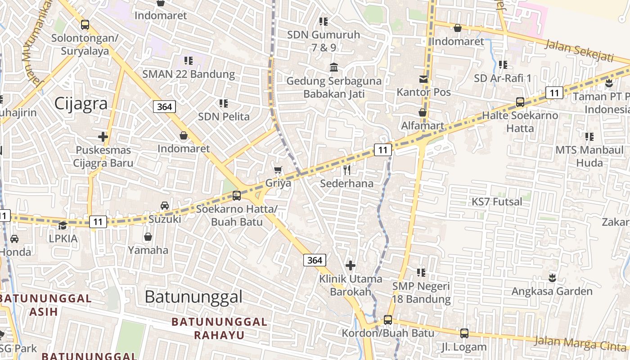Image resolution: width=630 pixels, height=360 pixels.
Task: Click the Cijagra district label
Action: click(81, 103)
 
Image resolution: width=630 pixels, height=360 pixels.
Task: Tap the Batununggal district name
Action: click(193, 297)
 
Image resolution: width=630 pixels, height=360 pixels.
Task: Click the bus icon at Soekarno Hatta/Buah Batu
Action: click(236, 196)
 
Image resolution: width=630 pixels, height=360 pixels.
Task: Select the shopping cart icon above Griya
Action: click(278, 170)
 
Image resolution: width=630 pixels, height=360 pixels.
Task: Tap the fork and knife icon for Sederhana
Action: click(346, 170)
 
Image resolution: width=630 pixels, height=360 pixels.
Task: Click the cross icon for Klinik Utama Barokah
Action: click(351, 265)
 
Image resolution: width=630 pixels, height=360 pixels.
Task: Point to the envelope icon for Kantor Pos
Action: click(423, 79)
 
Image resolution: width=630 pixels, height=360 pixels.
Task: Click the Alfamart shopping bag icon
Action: click(423, 112)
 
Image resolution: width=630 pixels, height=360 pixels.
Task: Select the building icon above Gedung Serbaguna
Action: click(334, 67)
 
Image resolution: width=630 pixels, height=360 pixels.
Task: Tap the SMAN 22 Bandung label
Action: click(189, 74)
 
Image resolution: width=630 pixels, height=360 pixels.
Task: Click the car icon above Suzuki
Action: click(165, 206)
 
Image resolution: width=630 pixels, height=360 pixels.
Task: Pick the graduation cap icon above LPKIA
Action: click(63, 225)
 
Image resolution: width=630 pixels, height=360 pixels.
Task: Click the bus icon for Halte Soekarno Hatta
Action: click(520, 102)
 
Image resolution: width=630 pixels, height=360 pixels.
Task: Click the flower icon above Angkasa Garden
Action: click(552, 278)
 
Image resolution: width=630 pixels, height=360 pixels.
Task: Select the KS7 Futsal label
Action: click(497, 202)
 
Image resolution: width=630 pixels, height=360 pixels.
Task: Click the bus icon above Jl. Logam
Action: click(464, 333)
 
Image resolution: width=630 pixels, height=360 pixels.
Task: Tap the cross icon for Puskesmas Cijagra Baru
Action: click(103, 136)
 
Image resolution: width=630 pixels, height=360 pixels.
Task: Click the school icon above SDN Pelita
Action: click(224, 103)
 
